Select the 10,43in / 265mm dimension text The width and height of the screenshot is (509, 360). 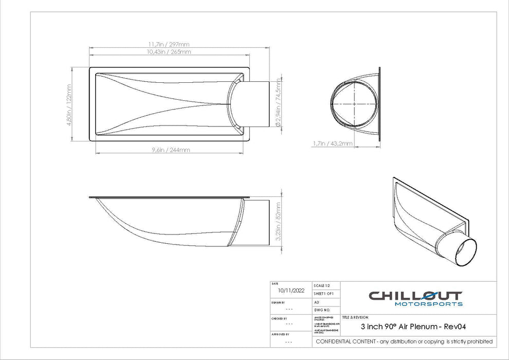click(169, 52)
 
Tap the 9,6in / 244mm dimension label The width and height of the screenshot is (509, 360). click(171, 150)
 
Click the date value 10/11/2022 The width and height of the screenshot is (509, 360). click(290, 291)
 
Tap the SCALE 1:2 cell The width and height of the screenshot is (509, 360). click(322, 285)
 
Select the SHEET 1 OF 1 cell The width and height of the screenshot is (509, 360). click(324, 293)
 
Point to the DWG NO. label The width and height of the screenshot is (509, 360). click(321, 311)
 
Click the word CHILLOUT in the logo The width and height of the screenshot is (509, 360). click(415, 296)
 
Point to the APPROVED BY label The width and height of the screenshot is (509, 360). click(281, 334)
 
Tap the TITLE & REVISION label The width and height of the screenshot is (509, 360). click(355, 318)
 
